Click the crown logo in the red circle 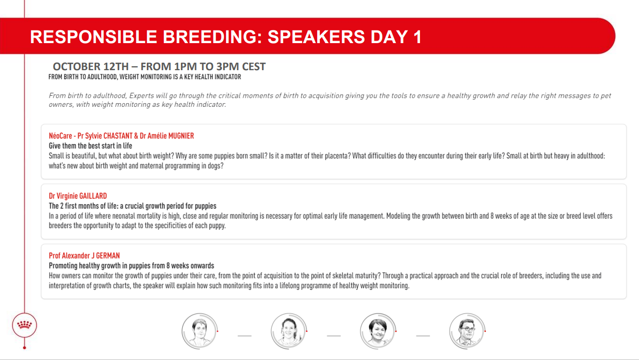(x=25, y=324)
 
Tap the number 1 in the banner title (x=417, y=37)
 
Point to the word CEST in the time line (x=254, y=67)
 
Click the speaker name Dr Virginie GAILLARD (x=78, y=196)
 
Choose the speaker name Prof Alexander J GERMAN (x=84, y=256)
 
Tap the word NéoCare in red (x=60, y=136)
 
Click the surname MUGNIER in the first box (x=181, y=136)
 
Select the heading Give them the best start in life (x=90, y=146)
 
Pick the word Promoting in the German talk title (x=63, y=266)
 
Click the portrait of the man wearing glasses (x=467, y=331)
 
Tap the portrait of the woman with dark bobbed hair (x=378, y=331)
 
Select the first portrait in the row (x=199, y=331)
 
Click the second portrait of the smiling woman (x=288, y=331)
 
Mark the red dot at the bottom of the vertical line (x=25, y=348)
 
